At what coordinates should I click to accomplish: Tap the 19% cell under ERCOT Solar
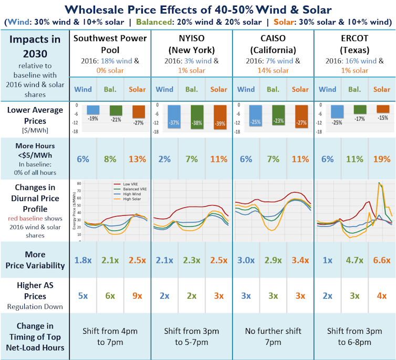pos(381,159)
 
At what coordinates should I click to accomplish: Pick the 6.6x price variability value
pos(381,260)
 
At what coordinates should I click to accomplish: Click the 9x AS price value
pos(138,295)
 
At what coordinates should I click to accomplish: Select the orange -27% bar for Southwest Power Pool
pos(138,112)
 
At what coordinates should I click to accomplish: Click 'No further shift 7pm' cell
pos(273,336)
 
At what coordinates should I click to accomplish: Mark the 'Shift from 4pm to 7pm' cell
pos(110,336)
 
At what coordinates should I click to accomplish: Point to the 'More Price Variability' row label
pos(35,260)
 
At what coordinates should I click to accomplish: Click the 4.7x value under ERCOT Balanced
pos(355,260)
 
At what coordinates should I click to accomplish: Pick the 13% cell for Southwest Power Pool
pos(138,159)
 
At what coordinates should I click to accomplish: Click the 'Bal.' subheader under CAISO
pos(273,89)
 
